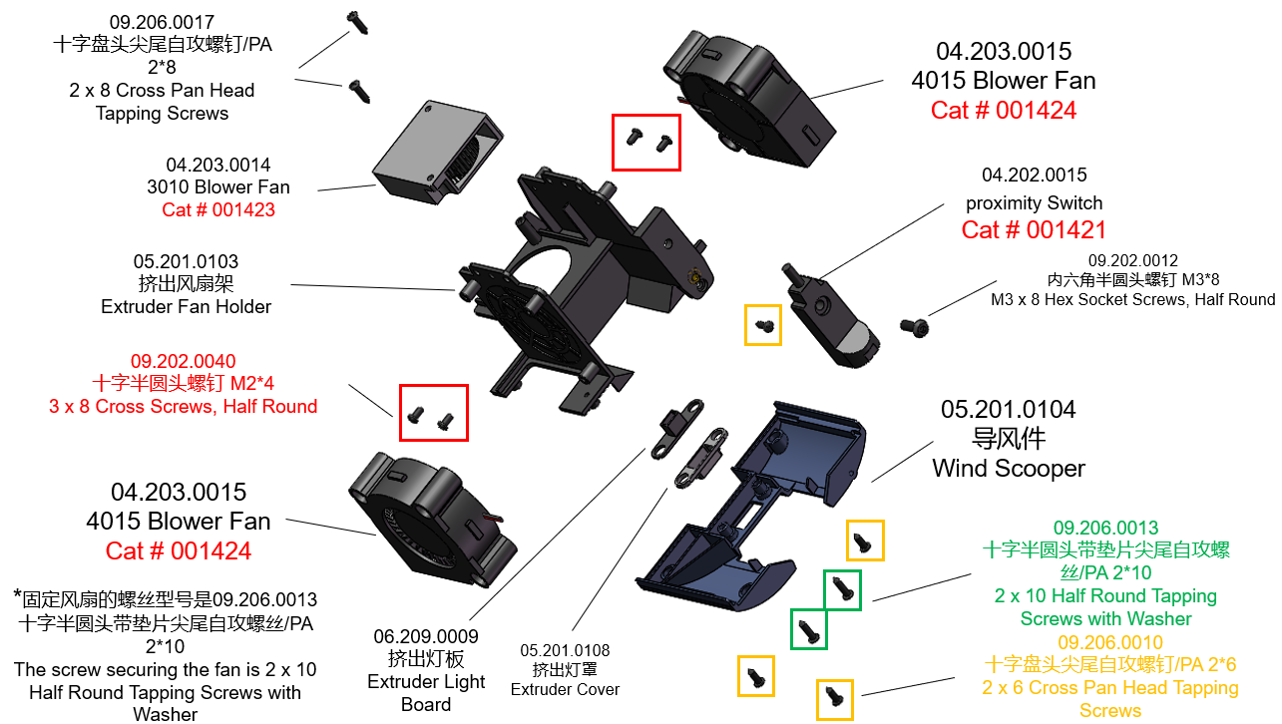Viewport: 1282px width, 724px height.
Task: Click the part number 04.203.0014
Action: coord(217,165)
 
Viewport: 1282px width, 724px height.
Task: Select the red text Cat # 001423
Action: coord(217,209)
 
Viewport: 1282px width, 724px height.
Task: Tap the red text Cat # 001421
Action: coord(1034,230)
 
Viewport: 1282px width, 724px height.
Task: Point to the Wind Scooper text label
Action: coord(1008,468)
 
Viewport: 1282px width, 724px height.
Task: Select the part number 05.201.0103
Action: coord(186,261)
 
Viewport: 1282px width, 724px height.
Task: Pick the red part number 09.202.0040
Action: coord(184,361)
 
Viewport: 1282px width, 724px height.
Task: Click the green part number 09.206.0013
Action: coord(1105,528)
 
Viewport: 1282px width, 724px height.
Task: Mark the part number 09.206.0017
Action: coord(162,22)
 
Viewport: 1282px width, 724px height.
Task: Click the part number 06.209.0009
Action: coord(426,636)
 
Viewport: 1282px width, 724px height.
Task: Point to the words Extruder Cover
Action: coord(565,689)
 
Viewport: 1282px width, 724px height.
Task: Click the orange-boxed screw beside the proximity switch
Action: coord(763,325)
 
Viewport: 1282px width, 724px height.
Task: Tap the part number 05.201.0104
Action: coord(1008,410)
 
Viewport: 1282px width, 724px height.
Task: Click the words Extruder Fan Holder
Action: coord(186,306)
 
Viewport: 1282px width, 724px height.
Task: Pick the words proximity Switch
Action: coord(1034,202)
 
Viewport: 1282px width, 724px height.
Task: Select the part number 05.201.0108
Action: coord(565,650)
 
